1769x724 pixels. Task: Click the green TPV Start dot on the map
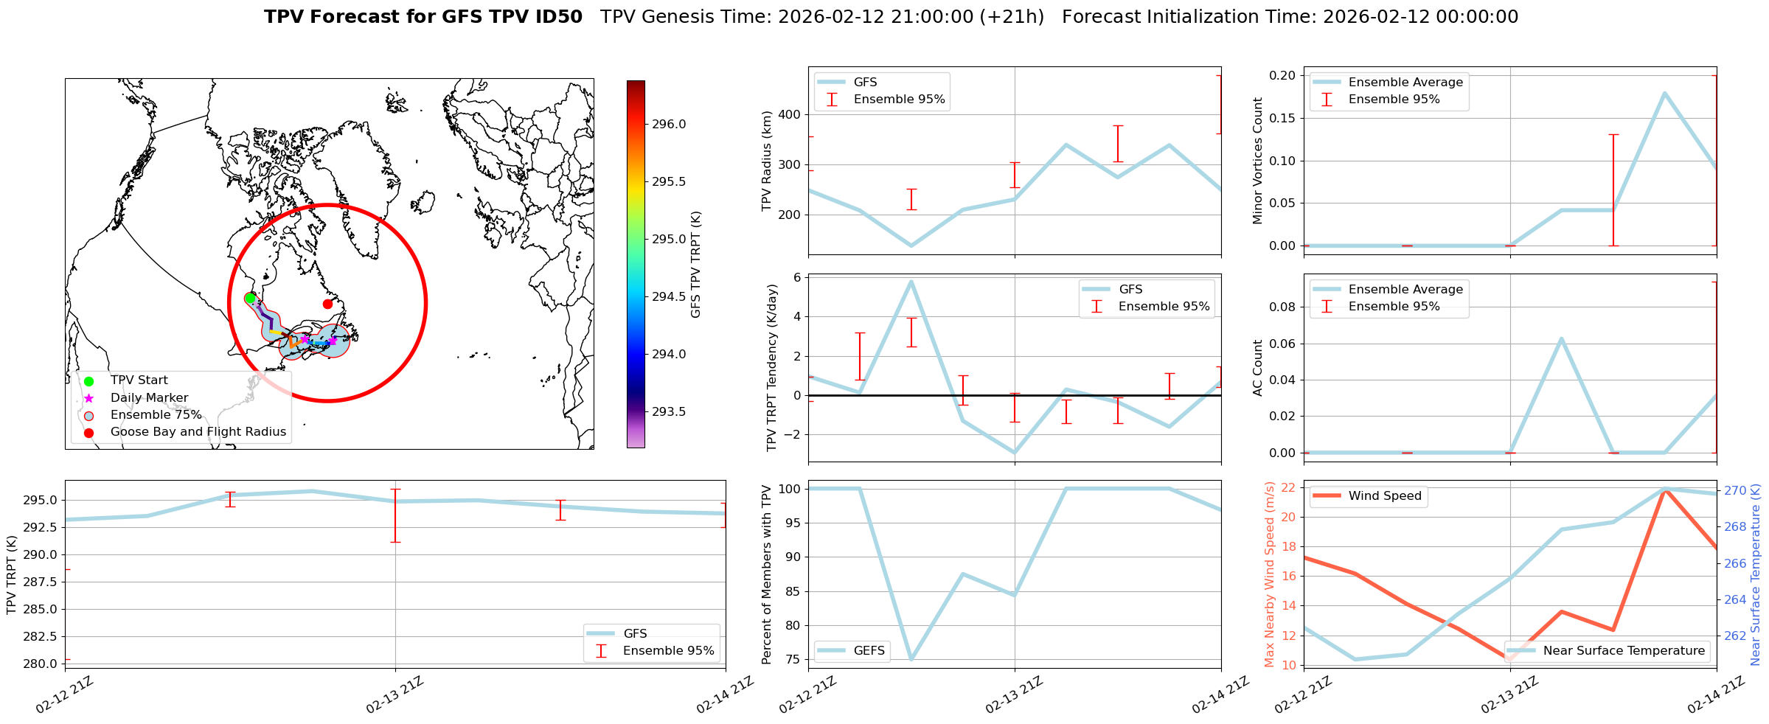click(x=250, y=298)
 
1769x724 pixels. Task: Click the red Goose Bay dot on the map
click(x=327, y=304)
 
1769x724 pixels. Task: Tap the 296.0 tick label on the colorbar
click(x=669, y=124)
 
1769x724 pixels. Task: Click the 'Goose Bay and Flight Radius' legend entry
click(x=198, y=432)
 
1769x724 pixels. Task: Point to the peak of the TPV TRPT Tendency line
click(x=911, y=282)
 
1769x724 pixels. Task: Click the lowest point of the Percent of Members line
click(x=911, y=659)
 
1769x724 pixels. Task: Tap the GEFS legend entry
click(x=869, y=650)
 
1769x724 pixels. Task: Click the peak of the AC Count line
click(x=1561, y=338)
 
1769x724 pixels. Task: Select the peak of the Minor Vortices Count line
click(x=1664, y=93)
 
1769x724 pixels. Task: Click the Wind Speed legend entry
click(x=1384, y=495)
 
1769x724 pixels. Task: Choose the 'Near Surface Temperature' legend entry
click(x=1624, y=650)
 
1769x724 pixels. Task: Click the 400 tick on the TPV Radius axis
click(x=790, y=114)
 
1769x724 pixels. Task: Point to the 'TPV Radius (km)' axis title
click(x=767, y=161)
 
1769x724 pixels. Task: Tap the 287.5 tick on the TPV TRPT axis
click(x=43, y=582)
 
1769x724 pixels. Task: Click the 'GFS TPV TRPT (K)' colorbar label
click(x=695, y=265)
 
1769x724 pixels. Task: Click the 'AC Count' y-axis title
click(x=1258, y=367)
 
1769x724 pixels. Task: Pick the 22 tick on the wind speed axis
click(x=1289, y=487)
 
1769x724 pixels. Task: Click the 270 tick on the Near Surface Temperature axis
click(x=1735, y=490)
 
